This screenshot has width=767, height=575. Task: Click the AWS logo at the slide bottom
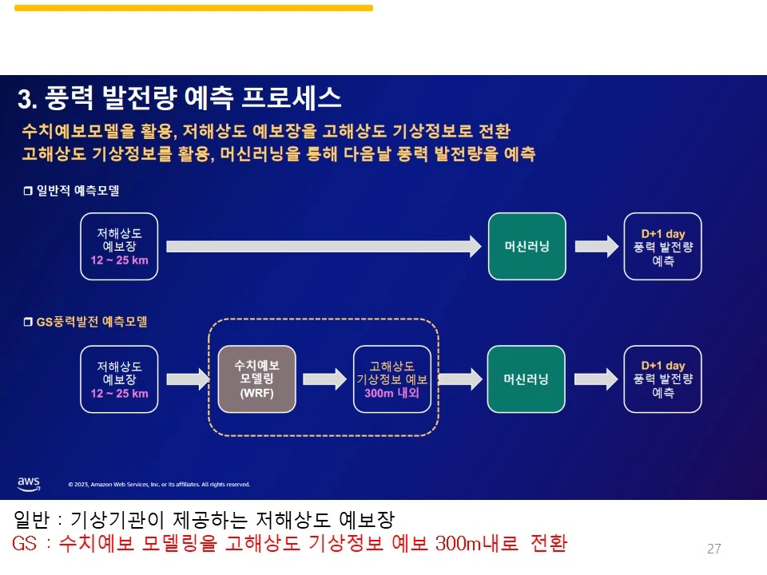[29, 483]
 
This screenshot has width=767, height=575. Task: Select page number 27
[714, 549]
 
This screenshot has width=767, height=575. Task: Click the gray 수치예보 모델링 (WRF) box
[256, 379]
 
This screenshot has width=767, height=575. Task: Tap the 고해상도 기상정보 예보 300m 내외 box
[392, 379]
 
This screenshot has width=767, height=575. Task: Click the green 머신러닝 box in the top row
[527, 246]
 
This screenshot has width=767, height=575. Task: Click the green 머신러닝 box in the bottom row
[526, 379]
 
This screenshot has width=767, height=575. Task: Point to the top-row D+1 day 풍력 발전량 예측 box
[662, 246]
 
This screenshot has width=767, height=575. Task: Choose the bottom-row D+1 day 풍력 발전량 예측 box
[662, 379]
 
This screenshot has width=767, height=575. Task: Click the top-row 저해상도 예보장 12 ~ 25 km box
[119, 246]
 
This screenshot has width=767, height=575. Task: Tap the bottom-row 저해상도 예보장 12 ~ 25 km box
[119, 379]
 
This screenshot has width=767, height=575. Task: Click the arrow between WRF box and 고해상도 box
[324, 379]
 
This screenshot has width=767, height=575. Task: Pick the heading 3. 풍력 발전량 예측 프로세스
[180, 98]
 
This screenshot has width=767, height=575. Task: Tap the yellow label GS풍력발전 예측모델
[91, 322]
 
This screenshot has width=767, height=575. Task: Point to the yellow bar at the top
[193, 8]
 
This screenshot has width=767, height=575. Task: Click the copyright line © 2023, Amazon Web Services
[159, 484]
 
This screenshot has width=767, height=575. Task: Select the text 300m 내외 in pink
[392, 393]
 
